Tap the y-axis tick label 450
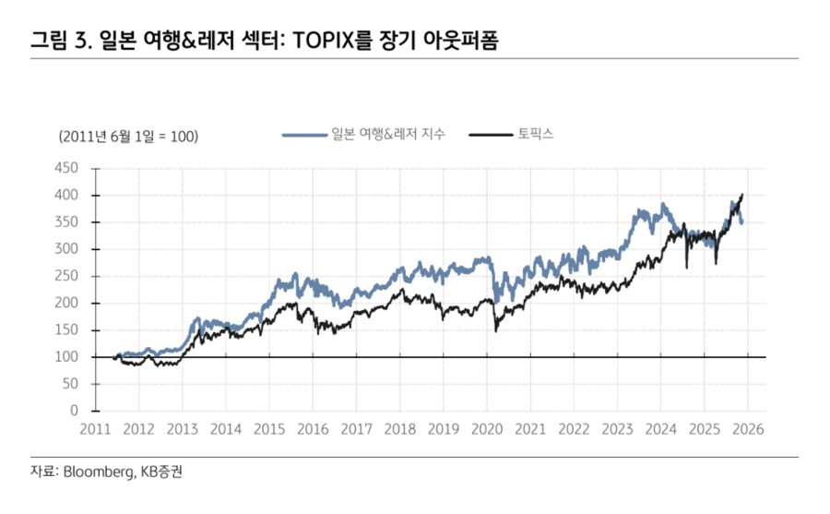pyautogui.click(x=66, y=169)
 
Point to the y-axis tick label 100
pyautogui.click(x=66, y=357)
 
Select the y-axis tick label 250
pyautogui.click(x=66, y=276)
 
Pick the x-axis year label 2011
pyautogui.click(x=95, y=430)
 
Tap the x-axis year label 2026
pyautogui.click(x=747, y=430)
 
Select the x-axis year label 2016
pyautogui.click(x=313, y=430)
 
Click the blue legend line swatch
pyautogui.click(x=304, y=136)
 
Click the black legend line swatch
pyautogui.click(x=490, y=136)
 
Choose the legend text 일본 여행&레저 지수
pyautogui.click(x=388, y=136)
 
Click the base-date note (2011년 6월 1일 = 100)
pyautogui.click(x=128, y=137)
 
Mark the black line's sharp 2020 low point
pyautogui.click(x=495, y=330)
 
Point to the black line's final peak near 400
pyautogui.click(x=741, y=196)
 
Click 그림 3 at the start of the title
pyautogui.click(x=56, y=41)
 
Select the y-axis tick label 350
pyautogui.click(x=66, y=222)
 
